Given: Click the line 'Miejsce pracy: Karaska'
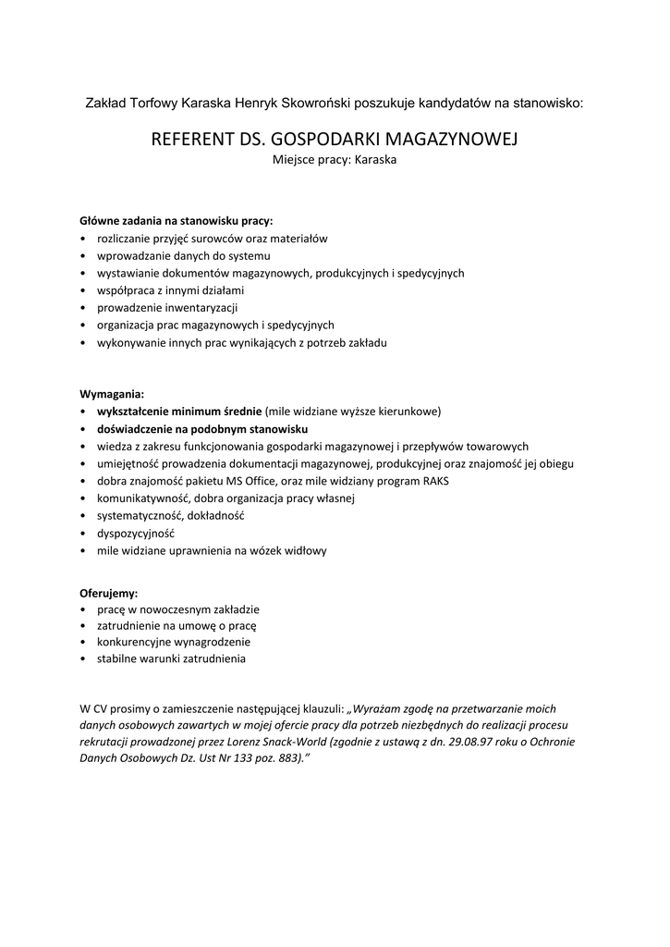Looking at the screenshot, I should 335,159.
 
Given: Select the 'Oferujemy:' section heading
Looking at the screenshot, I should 109,593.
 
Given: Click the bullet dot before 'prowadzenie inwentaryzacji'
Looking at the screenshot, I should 83,308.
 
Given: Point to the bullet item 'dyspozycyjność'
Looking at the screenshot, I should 136,534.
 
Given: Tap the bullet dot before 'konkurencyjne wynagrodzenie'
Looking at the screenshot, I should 83,642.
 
